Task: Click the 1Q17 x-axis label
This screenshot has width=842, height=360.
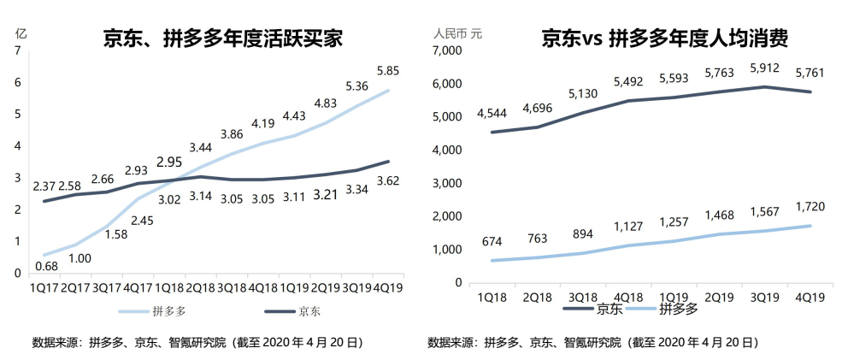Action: click(x=44, y=289)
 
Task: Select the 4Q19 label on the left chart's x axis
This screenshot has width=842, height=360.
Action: click(x=389, y=289)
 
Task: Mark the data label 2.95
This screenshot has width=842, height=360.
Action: click(x=169, y=162)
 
